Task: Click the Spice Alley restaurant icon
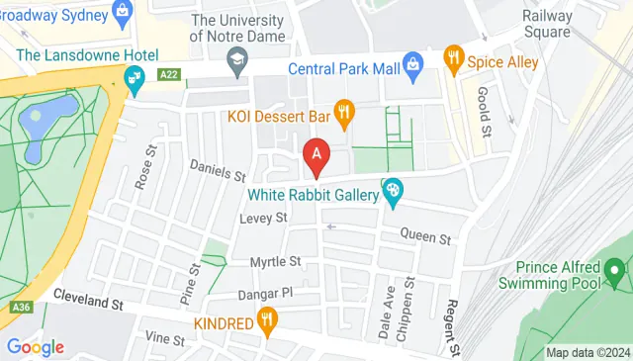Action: pos(454,57)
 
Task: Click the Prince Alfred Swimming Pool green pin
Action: pos(617,268)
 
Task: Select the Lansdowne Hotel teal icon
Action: pos(131,77)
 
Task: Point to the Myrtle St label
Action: pos(275,261)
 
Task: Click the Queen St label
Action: pos(425,238)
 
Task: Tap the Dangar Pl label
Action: pos(267,294)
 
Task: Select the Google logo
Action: pos(36,346)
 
